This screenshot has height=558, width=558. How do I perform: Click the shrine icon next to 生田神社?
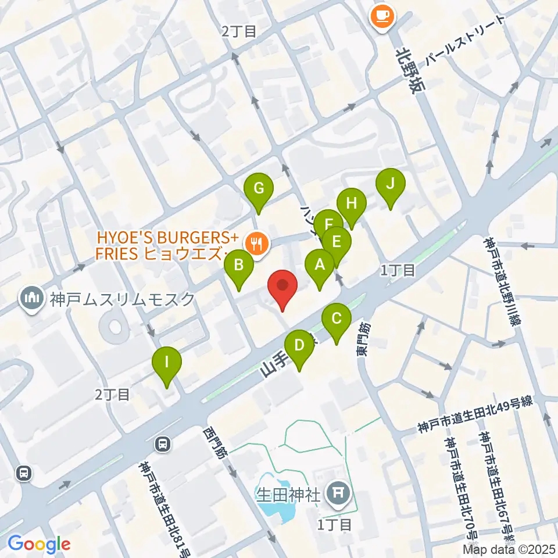click(x=338, y=495)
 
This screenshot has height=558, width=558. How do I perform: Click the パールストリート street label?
click(x=462, y=41)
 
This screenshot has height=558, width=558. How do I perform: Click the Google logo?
click(x=39, y=543)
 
